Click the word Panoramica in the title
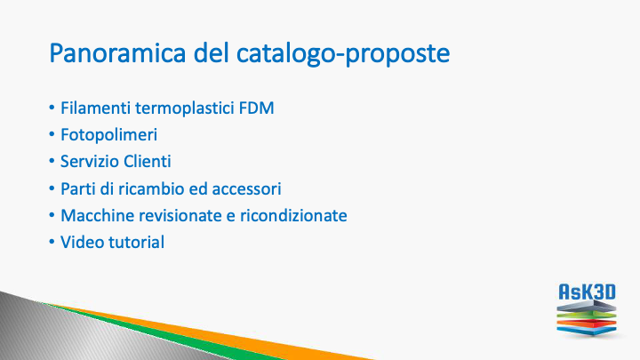(x=117, y=53)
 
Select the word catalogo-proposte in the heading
(x=343, y=55)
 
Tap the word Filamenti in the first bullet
(x=96, y=108)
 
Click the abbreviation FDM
(x=256, y=108)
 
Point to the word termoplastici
(x=185, y=109)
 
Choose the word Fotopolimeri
(x=109, y=135)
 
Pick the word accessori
(x=246, y=189)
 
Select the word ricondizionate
(x=293, y=215)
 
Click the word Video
(x=82, y=242)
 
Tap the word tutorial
(x=136, y=242)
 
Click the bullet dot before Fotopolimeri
(x=52, y=135)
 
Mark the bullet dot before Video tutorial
(x=52, y=242)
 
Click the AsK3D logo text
(x=587, y=292)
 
